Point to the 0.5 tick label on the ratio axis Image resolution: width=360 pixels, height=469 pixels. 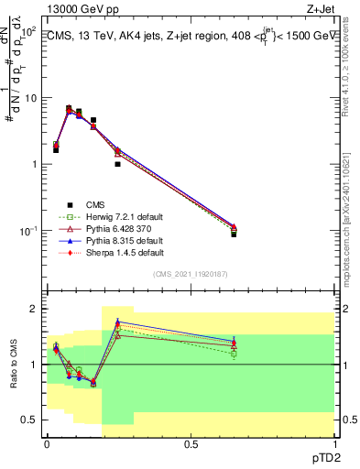(31, 420)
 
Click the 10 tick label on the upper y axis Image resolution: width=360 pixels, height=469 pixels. (31, 98)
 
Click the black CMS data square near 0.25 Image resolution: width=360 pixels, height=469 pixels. (118, 164)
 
